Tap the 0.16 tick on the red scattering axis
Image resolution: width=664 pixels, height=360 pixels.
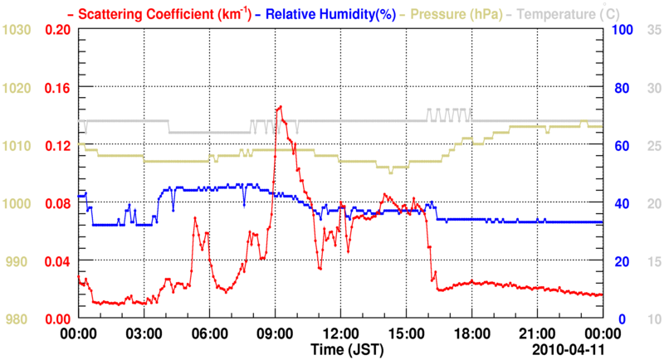pos(56,88)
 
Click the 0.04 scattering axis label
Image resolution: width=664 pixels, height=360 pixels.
pos(56,261)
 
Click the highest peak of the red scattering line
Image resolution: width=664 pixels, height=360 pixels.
pos(281,106)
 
